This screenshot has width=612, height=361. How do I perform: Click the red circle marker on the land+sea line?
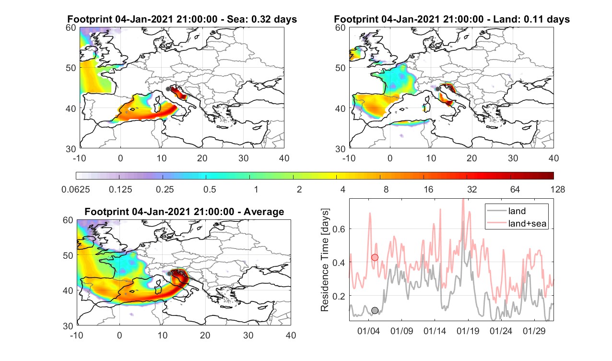pyautogui.click(x=375, y=257)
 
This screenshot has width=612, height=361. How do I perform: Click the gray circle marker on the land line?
pyautogui.click(x=375, y=311)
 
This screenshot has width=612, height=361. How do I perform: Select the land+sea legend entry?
pyautogui.click(x=517, y=223)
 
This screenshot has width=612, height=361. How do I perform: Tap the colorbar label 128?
pyautogui.click(x=558, y=189)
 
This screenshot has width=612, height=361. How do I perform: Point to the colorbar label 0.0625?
pyautogui.click(x=76, y=189)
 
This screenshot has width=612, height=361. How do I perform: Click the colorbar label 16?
pyautogui.click(x=428, y=189)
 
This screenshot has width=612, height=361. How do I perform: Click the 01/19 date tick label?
pyautogui.click(x=468, y=331)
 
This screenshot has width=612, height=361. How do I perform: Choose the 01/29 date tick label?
pyautogui.click(x=534, y=331)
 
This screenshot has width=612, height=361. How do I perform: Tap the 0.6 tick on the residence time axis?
pyautogui.click(x=339, y=229)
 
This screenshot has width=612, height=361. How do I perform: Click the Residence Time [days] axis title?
pyautogui.click(x=325, y=260)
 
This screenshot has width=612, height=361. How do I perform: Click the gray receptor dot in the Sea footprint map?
pyautogui.click(x=168, y=89)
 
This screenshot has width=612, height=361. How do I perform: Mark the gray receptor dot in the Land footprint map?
pyautogui.click(x=437, y=89)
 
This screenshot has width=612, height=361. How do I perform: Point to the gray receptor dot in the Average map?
pyautogui.click(x=169, y=274)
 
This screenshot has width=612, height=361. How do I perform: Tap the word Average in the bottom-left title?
pyautogui.click(x=264, y=212)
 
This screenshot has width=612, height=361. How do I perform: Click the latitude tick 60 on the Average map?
pyautogui.click(x=68, y=220)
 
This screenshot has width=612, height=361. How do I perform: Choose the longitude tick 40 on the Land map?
pyautogui.click(x=554, y=158)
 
